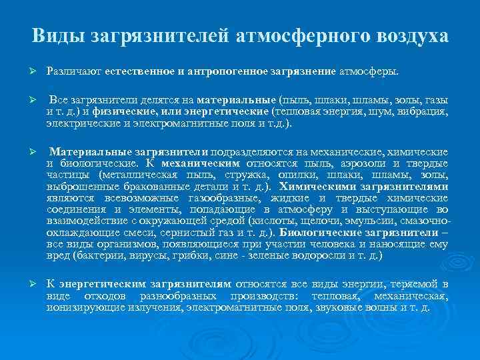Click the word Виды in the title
pyautogui.click(x=56, y=35)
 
